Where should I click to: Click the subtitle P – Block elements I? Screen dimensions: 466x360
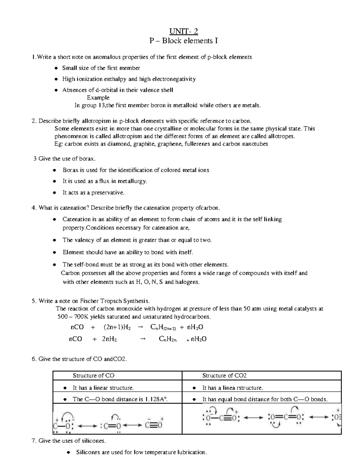pos(184,41)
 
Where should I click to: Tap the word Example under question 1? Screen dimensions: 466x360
pos(98,98)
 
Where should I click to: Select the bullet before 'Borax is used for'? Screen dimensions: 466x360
pos(54,170)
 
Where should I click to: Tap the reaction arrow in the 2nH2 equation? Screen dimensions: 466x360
pos(143,339)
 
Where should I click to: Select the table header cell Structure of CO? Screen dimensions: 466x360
pos(94,376)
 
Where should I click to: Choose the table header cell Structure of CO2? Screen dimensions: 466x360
pos(224,376)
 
